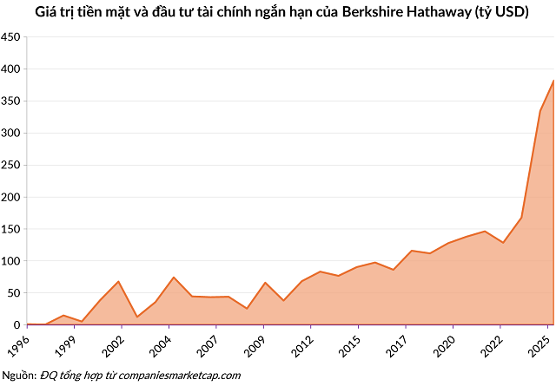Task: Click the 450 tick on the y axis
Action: click(10, 37)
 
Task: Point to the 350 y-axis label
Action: click(10, 101)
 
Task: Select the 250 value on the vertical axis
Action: click(10, 166)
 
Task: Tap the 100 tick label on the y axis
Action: click(10, 261)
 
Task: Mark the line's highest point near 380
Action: click(552, 80)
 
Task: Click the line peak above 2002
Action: click(118, 281)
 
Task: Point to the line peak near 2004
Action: click(174, 278)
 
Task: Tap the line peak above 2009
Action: click(265, 283)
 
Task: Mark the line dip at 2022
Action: click(503, 243)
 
